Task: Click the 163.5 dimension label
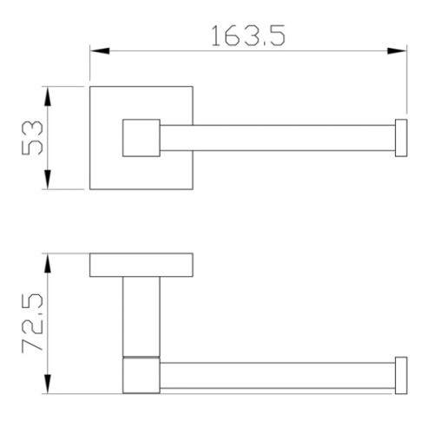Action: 248,36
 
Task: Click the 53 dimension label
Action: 32,138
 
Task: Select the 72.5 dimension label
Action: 32,323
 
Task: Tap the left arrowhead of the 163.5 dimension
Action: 100,51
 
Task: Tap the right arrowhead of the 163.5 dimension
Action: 397,51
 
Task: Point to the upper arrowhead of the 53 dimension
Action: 48,96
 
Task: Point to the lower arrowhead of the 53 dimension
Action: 48,180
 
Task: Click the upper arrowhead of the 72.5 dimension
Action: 48,263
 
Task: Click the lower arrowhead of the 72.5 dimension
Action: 48,384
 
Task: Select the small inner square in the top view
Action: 141,138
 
